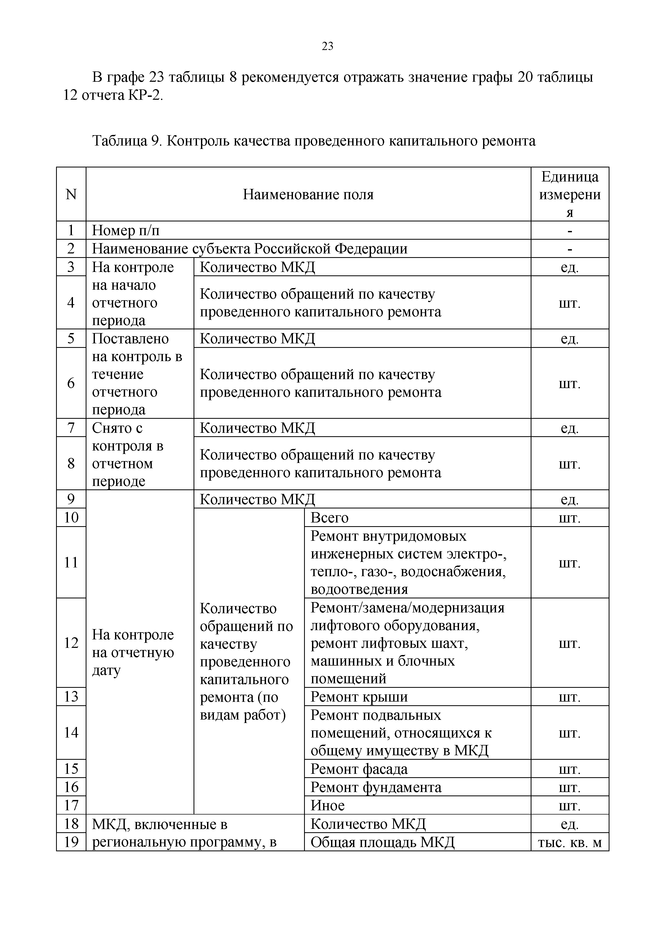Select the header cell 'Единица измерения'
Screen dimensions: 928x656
pos(570,194)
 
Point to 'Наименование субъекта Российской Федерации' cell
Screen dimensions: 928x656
pos(250,249)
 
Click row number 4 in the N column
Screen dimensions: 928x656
pos(71,302)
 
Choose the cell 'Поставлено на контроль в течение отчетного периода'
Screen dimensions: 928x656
pos(137,374)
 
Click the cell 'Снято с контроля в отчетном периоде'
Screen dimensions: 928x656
pos(128,454)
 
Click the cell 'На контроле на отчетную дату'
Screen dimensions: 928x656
pos(133,652)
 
